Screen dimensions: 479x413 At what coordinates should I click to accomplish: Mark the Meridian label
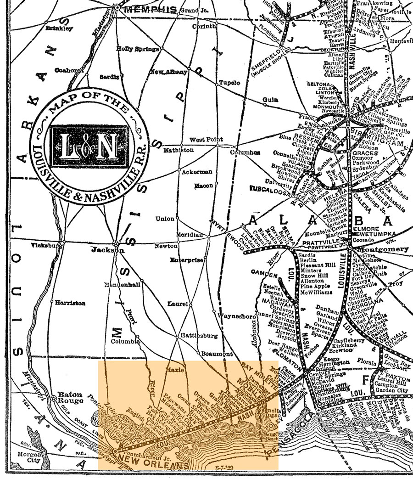click(x=190, y=234)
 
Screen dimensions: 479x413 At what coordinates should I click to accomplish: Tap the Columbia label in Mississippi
click(x=125, y=342)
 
